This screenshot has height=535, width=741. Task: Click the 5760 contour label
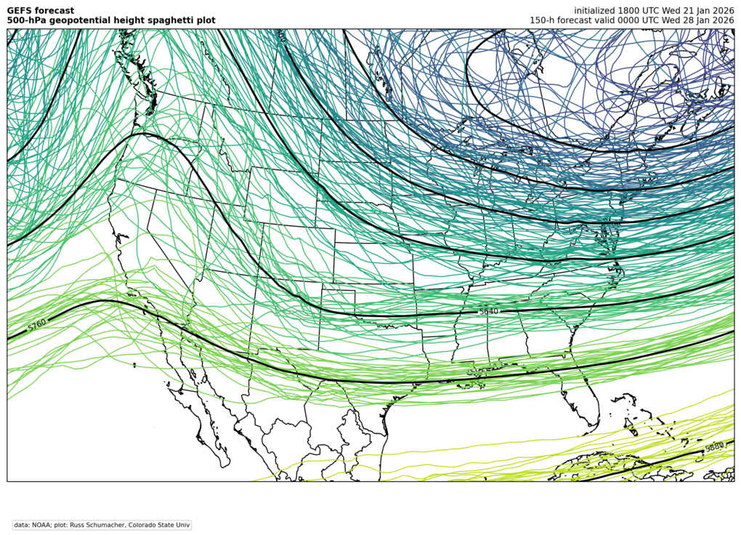click(37, 326)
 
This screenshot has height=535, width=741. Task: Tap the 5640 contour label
click(489, 311)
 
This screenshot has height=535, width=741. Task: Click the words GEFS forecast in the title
click(41, 10)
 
